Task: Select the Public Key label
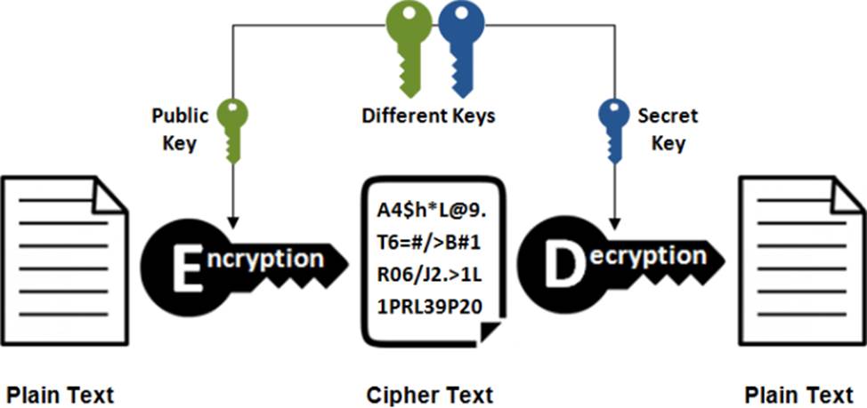(x=180, y=130)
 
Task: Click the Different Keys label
(x=428, y=116)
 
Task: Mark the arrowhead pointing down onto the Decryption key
(x=613, y=218)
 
